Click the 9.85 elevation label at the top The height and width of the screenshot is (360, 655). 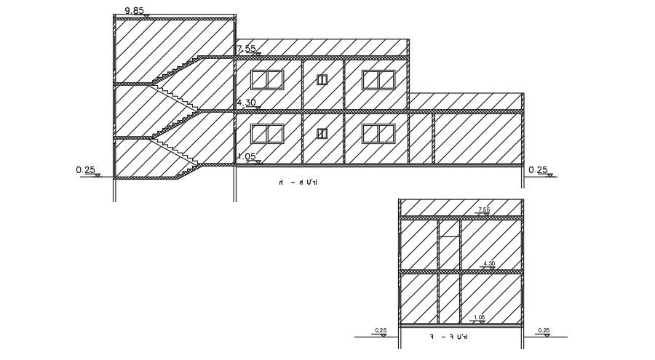tap(135, 10)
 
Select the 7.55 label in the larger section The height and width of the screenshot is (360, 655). tap(246, 49)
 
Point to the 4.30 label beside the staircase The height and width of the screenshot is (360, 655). tap(246, 103)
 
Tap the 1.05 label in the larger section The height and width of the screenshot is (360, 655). tap(246, 156)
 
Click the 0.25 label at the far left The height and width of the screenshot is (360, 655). tap(86, 170)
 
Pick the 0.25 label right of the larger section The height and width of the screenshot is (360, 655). tap(538, 170)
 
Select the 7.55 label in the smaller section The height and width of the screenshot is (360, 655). tap(484, 209)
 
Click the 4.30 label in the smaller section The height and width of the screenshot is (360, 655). tap(489, 263)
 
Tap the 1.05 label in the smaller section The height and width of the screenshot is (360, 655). tap(479, 317)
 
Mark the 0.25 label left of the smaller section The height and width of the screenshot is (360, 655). tap(381, 331)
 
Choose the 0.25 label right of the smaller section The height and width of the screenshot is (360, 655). tap(544, 331)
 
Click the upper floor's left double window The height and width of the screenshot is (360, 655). tap(267, 79)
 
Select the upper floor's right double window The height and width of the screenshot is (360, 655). tap(378, 79)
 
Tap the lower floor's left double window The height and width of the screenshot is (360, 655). tap(267, 133)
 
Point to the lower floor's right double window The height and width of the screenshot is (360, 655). tap(378, 133)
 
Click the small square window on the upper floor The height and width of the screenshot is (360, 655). tap(322, 79)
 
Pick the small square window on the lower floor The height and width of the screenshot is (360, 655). tap(322, 133)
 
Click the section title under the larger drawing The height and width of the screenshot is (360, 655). tap(299, 183)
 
